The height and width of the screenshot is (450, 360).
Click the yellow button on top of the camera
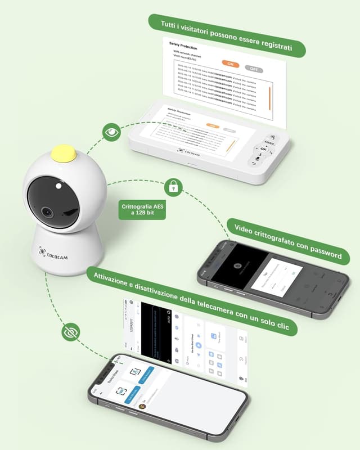(x=64, y=153)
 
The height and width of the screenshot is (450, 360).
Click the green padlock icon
(x=173, y=186)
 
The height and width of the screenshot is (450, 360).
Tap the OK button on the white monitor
(x=264, y=148)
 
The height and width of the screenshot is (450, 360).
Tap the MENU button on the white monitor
(x=269, y=143)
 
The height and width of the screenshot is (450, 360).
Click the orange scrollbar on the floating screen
(x=271, y=98)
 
